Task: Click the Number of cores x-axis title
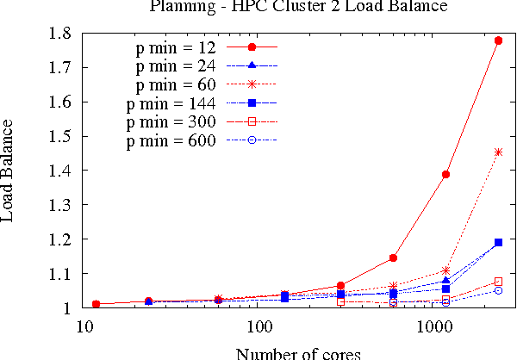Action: click(x=298, y=352)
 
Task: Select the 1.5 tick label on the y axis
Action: click(x=65, y=136)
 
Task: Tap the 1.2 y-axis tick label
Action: click(x=65, y=239)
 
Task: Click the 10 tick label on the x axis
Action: click(x=84, y=328)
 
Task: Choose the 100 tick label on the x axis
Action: click(x=259, y=328)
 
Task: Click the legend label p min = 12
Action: click(x=176, y=47)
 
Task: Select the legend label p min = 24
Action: click(x=176, y=65)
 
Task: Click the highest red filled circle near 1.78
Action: click(x=498, y=40)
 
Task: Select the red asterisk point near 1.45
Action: click(x=498, y=152)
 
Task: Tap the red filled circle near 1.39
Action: click(x=445, y=175)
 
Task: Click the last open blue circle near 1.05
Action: click(x=498, y=290)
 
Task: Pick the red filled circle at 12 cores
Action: click(x=97, y=304)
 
